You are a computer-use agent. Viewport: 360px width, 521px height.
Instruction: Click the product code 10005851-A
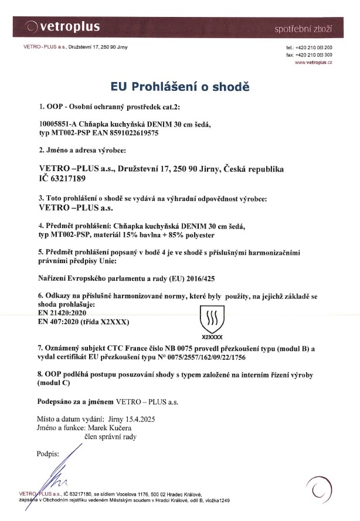[x=59, y=125]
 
